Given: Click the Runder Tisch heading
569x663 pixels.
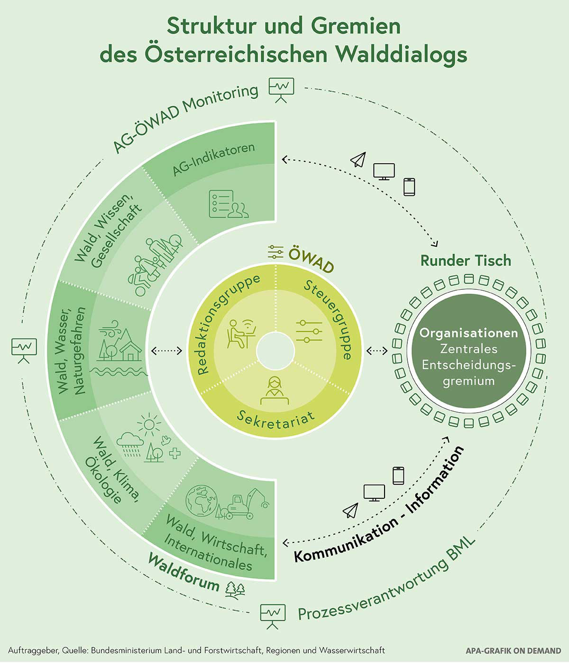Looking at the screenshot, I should [x=466, y=260].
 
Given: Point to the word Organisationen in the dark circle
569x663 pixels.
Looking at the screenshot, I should [x=468, y=333].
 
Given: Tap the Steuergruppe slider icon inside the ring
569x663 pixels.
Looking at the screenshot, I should [x=309, y=331].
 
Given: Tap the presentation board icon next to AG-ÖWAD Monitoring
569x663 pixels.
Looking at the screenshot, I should [x=281, y=90].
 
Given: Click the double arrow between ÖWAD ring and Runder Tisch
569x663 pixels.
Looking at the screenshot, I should [x=377, y=350].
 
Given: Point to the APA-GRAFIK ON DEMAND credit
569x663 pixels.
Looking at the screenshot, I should [x=514, y=651].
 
